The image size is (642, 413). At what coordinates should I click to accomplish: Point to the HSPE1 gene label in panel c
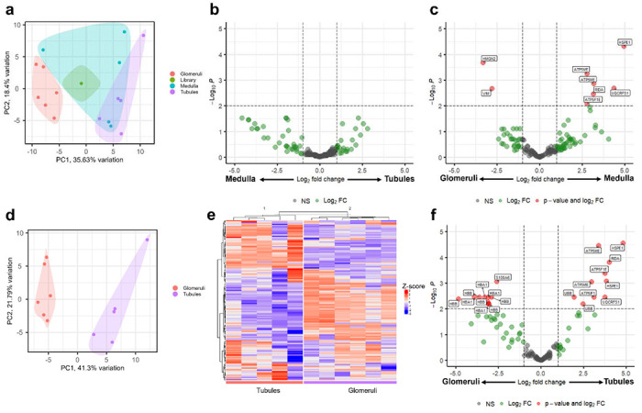(x=625, y=42)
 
